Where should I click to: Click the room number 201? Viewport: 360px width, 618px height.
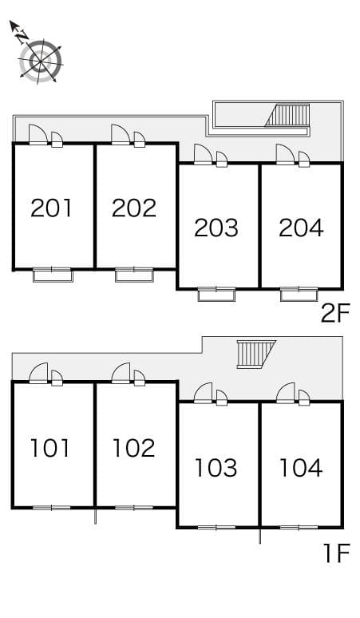tap(52, 208)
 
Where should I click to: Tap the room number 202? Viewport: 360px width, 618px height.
tap(134, 208)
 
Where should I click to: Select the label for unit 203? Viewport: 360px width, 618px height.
tap(216, 228)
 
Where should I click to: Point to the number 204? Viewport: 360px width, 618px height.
tap(301, 228)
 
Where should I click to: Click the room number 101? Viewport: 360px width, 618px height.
tap(50, 448)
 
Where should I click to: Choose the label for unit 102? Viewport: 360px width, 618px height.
tap(133, 448)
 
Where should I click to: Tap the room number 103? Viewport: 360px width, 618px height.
tap(216, 467)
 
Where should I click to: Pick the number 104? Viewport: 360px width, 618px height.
tap(301, 467)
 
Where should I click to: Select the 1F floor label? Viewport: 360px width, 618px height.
tap(336, 553)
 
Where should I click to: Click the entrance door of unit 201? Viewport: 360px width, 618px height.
tap(38, 134)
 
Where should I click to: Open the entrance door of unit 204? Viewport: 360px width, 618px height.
tap(286, 153)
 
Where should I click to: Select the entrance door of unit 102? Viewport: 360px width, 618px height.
tap(121, 374)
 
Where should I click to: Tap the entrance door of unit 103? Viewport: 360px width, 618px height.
tap(204, 393)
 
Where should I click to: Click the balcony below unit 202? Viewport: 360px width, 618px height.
tap(133, 275)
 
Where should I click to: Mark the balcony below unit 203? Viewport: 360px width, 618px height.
tap(216, 294)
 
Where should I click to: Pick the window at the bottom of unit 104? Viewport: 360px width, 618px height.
tap(300, 527)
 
